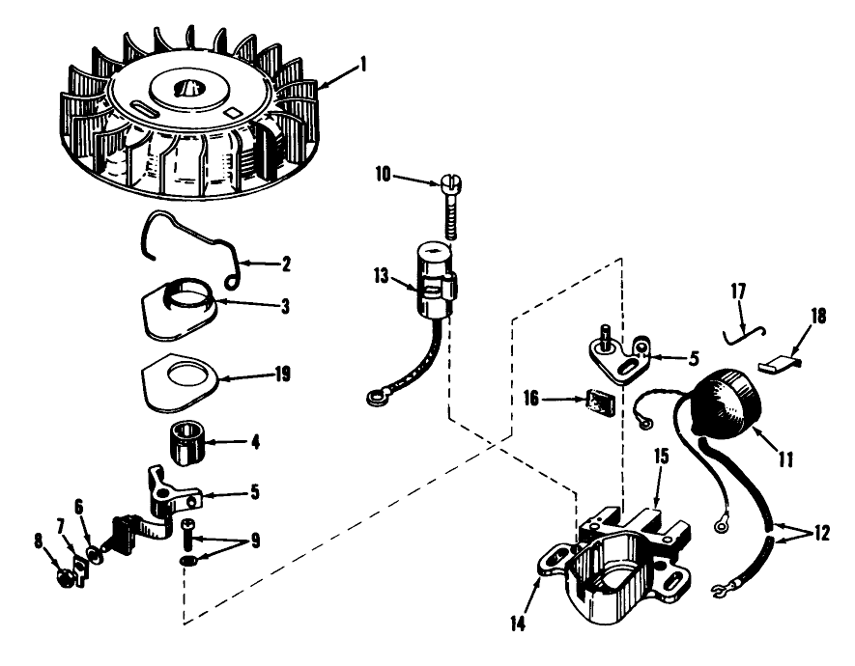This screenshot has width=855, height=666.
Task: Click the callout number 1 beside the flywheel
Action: [362, 65]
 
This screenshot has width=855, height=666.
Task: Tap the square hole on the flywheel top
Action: [232, 112]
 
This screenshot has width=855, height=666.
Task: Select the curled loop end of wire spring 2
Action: [232, 279]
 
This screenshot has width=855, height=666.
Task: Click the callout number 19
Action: [282, 374]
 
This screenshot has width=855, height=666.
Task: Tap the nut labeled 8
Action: [66, 578]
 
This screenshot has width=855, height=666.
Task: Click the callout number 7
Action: [61, 527]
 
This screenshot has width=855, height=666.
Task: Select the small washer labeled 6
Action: [96, 556]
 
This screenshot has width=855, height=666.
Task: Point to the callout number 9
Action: [255, 541]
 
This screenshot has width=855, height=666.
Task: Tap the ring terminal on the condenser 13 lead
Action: [376, 400]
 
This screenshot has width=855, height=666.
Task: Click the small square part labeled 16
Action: [600, 402]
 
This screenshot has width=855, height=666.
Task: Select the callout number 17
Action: [738, 291]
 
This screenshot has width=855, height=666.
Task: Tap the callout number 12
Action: [821, 533]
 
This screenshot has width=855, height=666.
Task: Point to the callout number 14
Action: [518, 624]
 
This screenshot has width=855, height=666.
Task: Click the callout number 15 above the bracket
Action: [661, 457]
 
